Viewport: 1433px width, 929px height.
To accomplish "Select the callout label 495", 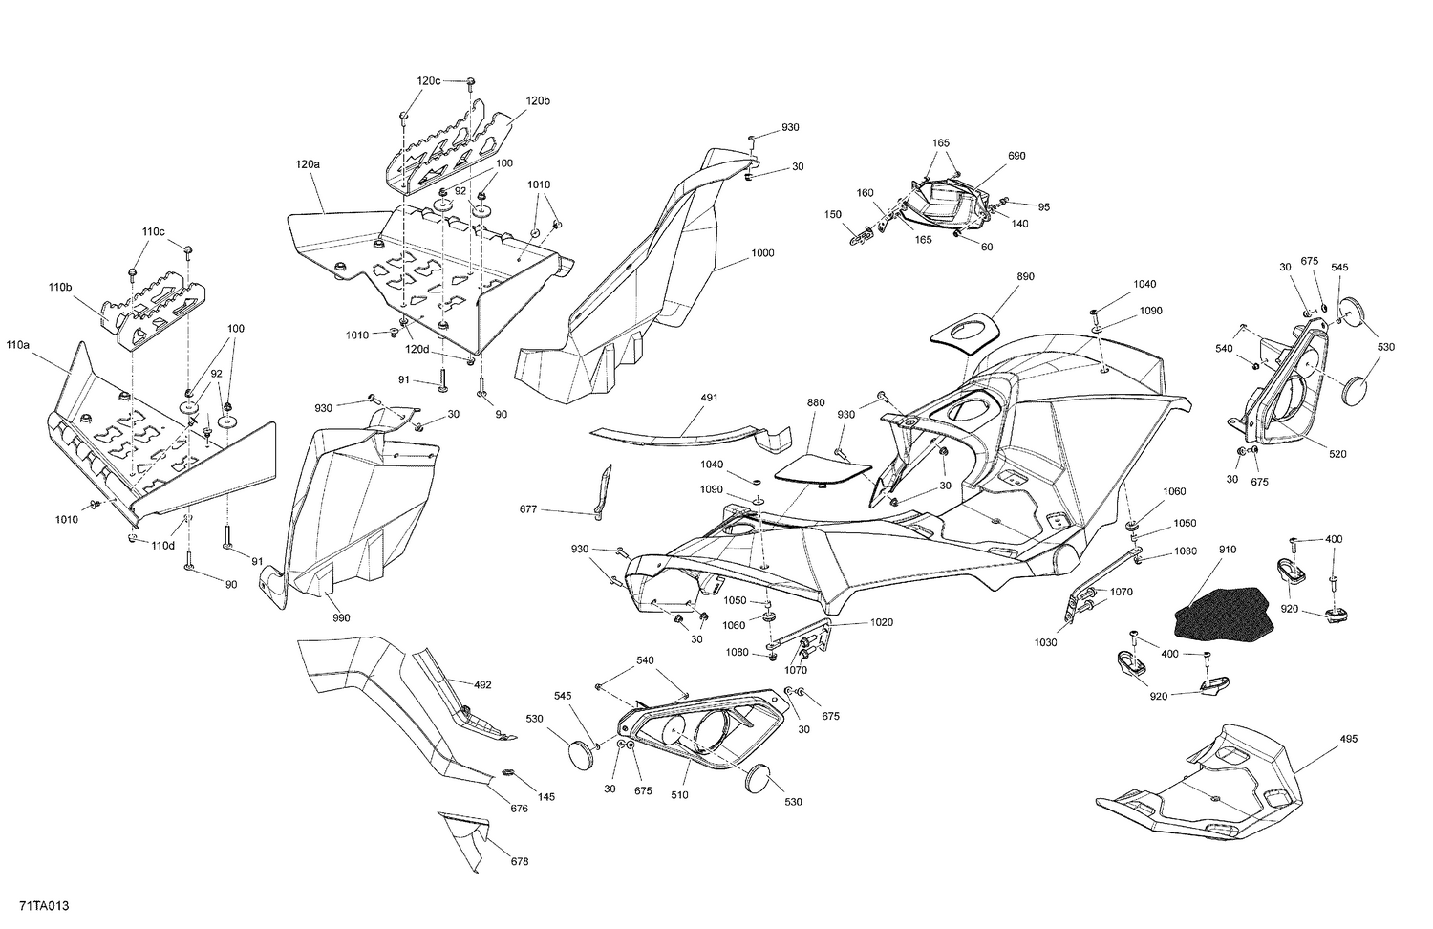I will pos(1348,739).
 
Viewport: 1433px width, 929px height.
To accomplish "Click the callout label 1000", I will pos(762,253).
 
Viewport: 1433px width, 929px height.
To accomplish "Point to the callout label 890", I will pos(1026,276).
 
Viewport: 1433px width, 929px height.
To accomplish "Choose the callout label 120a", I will pos(308,164).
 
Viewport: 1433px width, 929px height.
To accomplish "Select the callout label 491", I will pos(708,397).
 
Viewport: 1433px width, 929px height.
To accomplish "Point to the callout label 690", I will pos(1016,156).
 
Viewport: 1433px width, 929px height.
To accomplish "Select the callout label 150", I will pos(833,214).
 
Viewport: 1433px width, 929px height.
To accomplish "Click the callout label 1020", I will pos(881,622).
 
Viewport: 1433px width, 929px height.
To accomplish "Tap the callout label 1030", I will pos(1046,643).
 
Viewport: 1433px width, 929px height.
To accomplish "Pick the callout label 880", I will pos(815,403).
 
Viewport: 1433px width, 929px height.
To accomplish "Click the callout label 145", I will pos(545,797).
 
